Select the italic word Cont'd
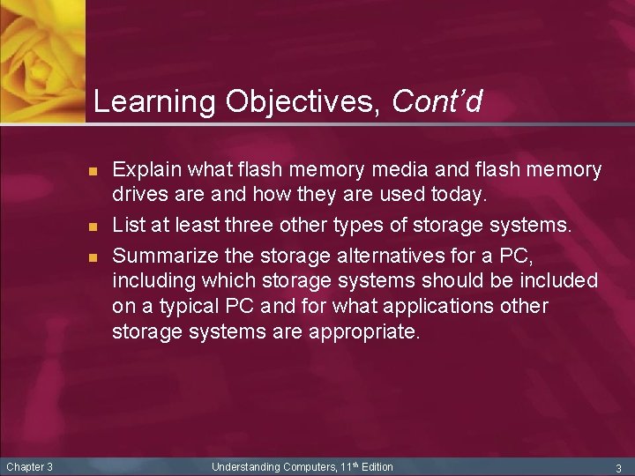(x=437, y=103)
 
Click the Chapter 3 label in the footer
(x=30, y=466)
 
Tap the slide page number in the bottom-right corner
(x=618, y=467)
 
